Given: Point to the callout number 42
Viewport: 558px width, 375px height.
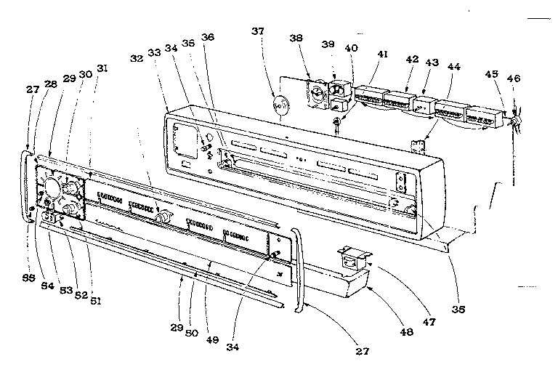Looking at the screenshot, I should [x=413, y=59].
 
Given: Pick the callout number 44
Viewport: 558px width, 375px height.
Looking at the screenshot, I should [x=454, y=65].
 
